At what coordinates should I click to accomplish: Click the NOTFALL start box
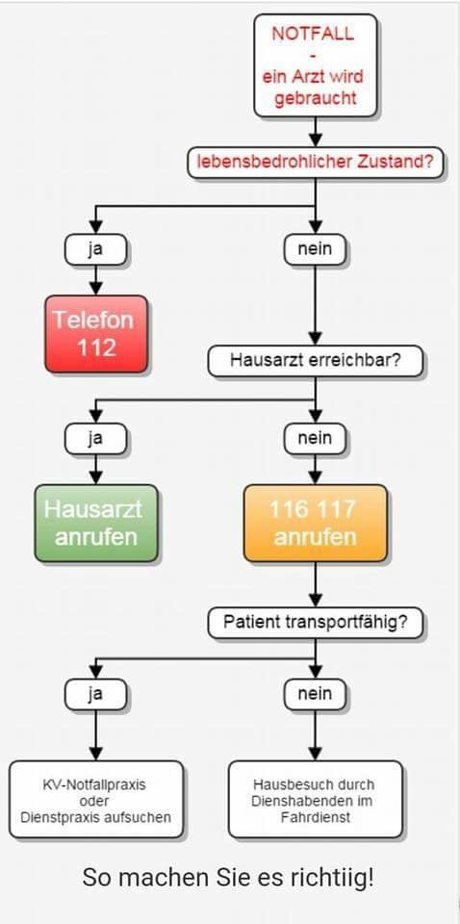coord(314,65)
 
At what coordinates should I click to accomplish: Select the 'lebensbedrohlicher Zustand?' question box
coord(315,163)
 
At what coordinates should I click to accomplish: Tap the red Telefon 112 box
coord(96,333)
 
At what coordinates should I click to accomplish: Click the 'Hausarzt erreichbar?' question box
coord(315,361)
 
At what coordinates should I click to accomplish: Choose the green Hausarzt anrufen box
coord(95,523)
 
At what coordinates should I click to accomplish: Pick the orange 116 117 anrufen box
coord(315,523)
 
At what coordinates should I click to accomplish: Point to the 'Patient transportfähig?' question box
coord(315,622)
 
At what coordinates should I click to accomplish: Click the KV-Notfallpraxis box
coord(95,800)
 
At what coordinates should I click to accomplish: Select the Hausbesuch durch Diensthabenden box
coord(315,800)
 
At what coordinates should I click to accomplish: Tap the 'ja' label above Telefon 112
coord(95,249)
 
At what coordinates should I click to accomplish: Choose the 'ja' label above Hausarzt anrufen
coord(95,438)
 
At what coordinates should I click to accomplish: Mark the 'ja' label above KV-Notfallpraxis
coord(95,693)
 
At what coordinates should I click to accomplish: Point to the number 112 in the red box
coord(96,347)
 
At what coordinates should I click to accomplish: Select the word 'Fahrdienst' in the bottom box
coord(315,817)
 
